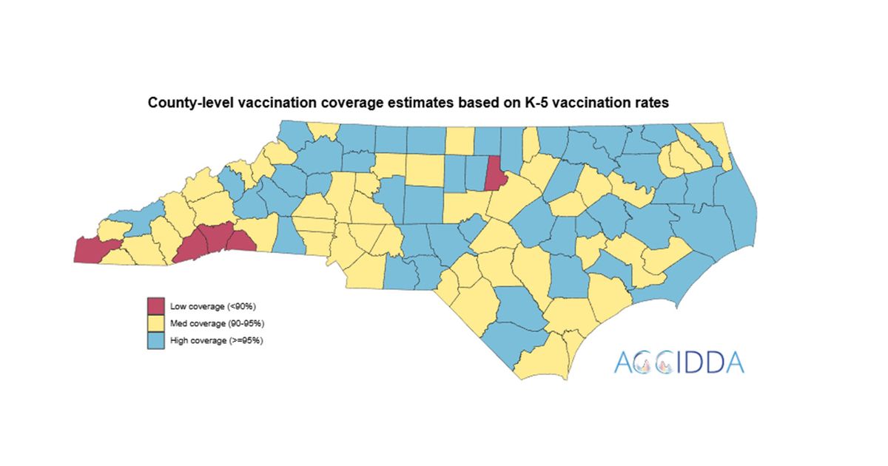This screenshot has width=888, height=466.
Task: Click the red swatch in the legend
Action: click(x=155, y=305)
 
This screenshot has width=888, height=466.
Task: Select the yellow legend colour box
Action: click(x=155, y=323)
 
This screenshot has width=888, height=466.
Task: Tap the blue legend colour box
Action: click(x=155, y=341)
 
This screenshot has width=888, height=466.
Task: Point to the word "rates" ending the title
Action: click(x=652, y=104)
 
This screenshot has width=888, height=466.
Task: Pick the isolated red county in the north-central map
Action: click(x=494, y=175)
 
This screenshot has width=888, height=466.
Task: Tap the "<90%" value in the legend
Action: click(x=242, y=305)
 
